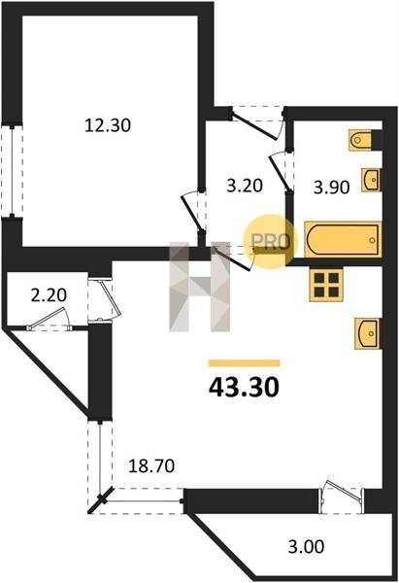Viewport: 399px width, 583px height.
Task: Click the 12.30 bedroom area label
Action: click(x=108, y=125)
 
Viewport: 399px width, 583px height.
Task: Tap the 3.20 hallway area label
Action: click(x=245, y=186)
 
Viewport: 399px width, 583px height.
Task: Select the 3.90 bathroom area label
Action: click(x=331, y=187)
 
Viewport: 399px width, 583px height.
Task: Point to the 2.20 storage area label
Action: click(x=49, y=295)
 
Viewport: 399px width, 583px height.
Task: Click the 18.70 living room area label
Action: click(x=151, y=465)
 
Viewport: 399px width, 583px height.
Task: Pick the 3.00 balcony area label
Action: click(x=306, y=547)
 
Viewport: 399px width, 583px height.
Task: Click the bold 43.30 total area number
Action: click(x=244, y=388)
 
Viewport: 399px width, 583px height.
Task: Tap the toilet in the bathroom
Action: click(x=361, y=140)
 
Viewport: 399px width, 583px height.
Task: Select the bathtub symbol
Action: click(x=343, y=239)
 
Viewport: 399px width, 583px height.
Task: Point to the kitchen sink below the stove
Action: click(x=367, y=333)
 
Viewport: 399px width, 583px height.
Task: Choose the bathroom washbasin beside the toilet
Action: click(x=371, y=180)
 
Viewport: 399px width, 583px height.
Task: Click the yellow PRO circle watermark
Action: click(x=271, y=242)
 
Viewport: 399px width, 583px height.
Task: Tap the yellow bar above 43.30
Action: click(x=244, y=362)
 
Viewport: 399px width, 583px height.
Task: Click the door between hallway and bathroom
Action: click(x=281, y=170)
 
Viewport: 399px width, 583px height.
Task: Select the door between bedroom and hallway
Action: click(x=194, y=210)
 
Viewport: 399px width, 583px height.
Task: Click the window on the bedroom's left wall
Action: click(x=12, y=171)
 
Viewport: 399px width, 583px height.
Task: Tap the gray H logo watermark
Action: click(x=200, y=287)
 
